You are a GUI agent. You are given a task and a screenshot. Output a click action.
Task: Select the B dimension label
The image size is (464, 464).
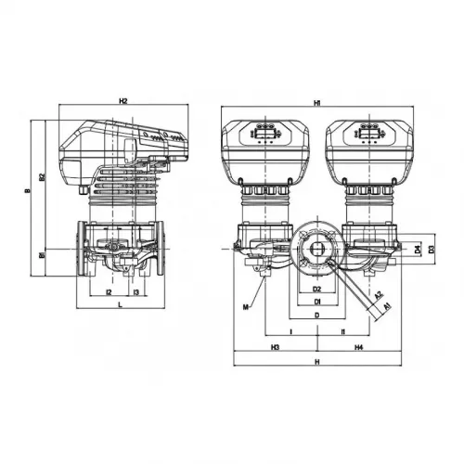coord(30,192)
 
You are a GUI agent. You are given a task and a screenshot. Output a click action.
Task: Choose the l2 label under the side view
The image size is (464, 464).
coord(110,293)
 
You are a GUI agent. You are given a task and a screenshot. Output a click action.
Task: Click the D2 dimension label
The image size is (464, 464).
coord(316,290)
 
